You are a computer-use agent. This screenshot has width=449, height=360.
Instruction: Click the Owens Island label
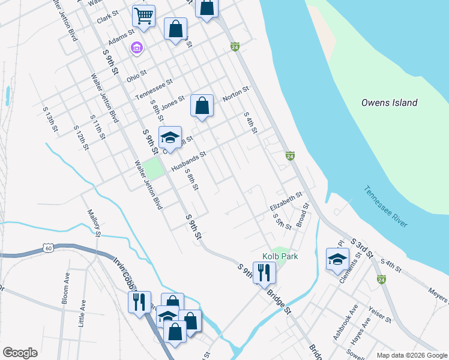[x=389, y=103]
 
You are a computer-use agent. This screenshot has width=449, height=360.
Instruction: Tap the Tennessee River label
[x=385, y=206]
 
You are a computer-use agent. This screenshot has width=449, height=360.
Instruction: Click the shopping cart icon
[x=143, y=16]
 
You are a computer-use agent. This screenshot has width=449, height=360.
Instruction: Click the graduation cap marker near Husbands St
[x=170, y=138]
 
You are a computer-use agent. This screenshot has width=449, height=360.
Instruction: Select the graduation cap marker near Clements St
[x=337, y=259]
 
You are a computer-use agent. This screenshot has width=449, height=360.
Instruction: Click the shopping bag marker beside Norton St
[x=202, y=106]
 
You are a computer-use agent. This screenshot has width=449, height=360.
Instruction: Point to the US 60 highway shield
[x=49, y=247]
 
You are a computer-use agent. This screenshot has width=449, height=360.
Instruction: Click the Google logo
[x=19, y=353]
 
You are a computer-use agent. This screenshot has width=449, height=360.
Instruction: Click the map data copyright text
[x=412, y=355]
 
